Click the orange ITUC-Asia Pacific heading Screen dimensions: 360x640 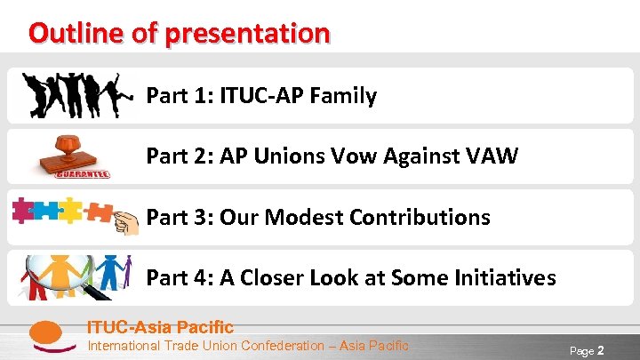coord(159,327)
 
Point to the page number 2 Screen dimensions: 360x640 coord(601,350)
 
